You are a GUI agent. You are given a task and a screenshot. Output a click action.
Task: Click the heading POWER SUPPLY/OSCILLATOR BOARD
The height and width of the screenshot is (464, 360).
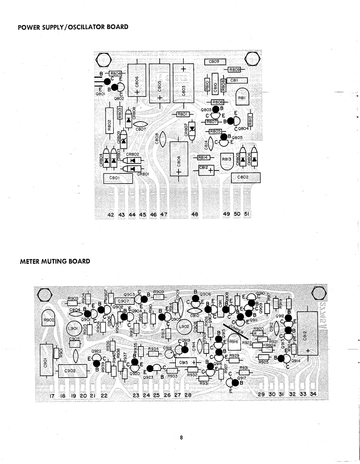pyautogui.click(x=73, y=27)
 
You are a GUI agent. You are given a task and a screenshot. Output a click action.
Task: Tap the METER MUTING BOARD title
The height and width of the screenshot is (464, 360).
pyautogui.click(x=55, y=261)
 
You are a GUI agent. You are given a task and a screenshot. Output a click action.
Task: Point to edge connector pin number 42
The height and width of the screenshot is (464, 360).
pyautogui.click(x=111, y=215)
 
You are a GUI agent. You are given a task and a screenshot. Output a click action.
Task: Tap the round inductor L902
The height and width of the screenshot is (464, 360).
pyautogui.click(x=184, y=327)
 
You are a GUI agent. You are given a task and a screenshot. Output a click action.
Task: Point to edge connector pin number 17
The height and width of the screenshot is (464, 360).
pyautogui.click(x=52, y=395)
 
